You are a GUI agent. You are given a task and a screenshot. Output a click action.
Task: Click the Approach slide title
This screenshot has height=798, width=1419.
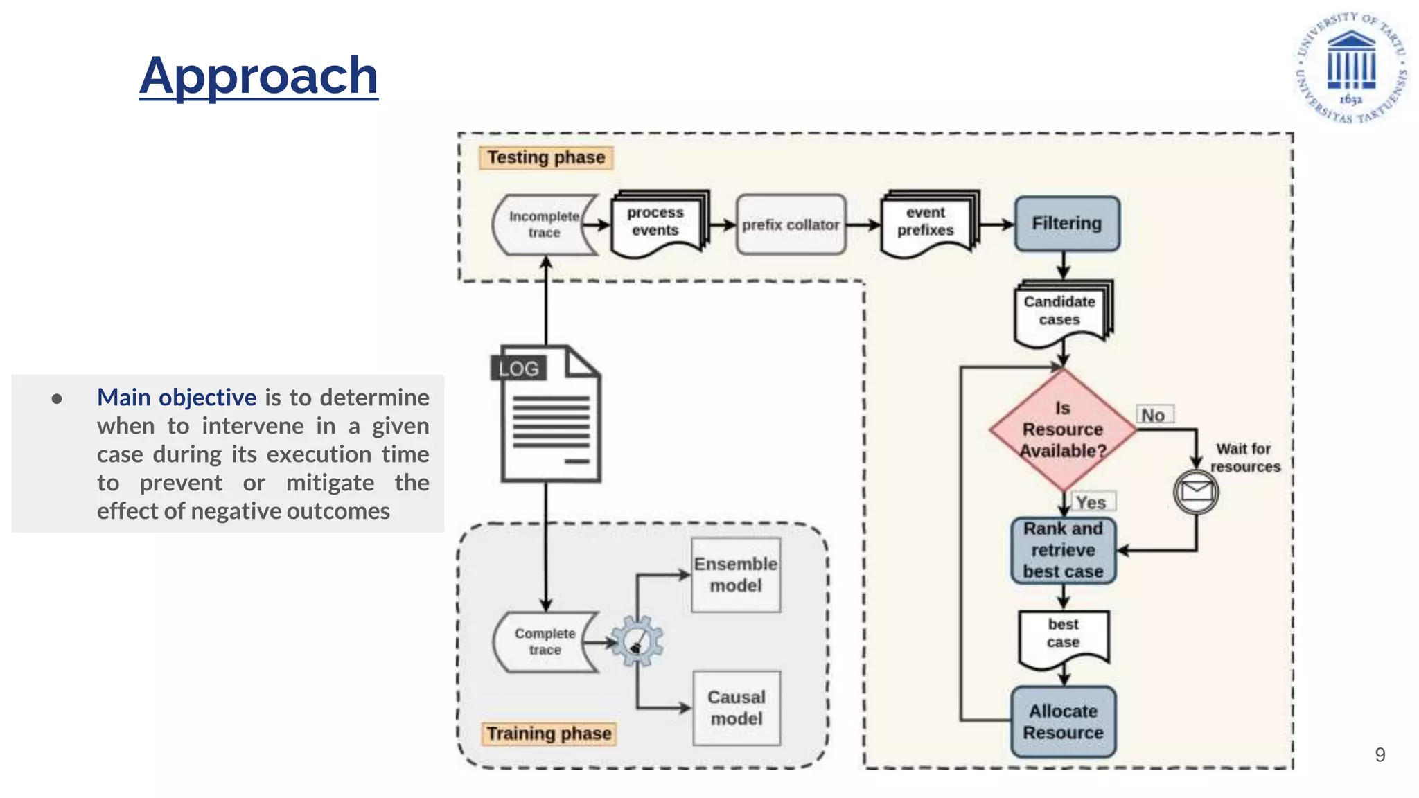[258, 76]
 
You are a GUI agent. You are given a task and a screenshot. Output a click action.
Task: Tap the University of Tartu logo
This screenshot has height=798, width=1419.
[1350, 68]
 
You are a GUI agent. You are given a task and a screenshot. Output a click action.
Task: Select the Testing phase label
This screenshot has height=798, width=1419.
[546, 158]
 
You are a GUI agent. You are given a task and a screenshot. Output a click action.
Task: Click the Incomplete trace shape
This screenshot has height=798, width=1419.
[545, 224]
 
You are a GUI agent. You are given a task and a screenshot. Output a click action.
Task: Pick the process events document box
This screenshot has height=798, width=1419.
[657, 223]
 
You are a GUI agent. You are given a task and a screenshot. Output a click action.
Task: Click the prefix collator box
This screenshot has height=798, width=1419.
[791, 224]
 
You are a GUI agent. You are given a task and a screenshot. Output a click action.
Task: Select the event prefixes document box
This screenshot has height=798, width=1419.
[926, 223]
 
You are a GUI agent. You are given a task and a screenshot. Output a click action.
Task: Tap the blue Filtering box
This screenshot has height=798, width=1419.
[1066, 224]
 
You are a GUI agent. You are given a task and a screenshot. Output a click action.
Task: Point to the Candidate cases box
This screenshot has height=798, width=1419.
[1060, 312]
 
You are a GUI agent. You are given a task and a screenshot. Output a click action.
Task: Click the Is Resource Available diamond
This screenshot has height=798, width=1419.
[1063, 429]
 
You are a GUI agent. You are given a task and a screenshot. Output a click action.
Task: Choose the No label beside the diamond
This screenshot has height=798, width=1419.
[1154, 415]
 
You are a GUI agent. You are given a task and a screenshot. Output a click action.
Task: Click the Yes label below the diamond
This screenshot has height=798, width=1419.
[1091, 502]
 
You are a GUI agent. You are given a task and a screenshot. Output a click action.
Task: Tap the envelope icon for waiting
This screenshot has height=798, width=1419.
[1196, 492]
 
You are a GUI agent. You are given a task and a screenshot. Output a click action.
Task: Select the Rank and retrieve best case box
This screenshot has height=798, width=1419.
[1063, 551]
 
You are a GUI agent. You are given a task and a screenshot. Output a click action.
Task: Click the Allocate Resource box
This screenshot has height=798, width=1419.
[1063, 722]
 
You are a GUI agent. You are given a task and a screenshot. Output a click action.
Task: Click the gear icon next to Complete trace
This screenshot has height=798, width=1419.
[637, 641]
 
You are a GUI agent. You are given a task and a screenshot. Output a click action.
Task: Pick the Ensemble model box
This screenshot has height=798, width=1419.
[736, 575]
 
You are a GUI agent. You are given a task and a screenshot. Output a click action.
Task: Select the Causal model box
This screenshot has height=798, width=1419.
[737, 708]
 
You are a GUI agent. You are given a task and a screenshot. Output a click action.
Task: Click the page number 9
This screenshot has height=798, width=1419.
[1380, 754]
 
